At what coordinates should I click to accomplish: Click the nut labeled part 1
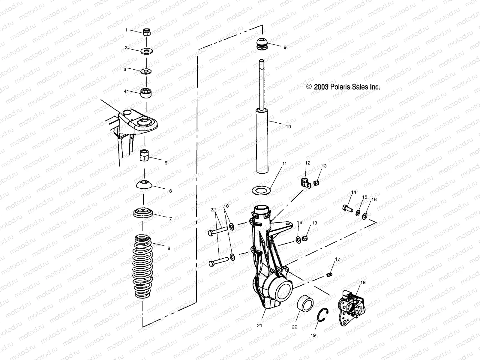[x=147, y=32]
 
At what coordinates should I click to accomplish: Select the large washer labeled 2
[x=147, y=50]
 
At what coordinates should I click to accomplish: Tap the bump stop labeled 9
[x=262, y=44]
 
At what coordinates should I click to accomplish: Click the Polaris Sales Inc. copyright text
[x=343, y=87]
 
